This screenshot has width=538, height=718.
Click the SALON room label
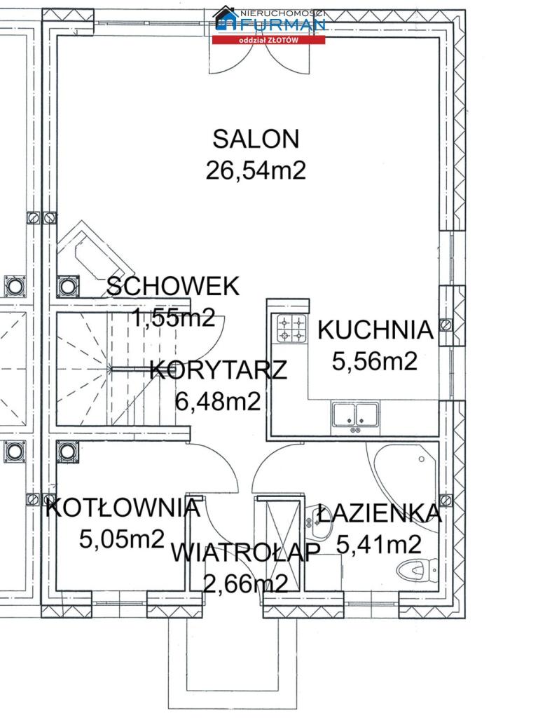click(256, 140)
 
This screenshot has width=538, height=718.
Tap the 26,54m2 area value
click(256, 170)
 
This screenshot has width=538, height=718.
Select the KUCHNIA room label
click(375, 330)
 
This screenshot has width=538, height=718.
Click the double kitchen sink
click(355, 415)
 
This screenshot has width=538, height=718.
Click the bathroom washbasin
click(319, 522)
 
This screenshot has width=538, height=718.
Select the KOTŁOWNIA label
click(123, 508)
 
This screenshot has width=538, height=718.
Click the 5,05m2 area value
click(122, 539)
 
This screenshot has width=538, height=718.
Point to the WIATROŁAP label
click(245, 553)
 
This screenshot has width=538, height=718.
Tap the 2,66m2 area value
click(246, 583)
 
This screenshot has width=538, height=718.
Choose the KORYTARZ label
click(219, 370)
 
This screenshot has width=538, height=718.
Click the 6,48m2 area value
click(219, 402)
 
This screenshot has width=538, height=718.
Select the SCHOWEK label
click(173, 287)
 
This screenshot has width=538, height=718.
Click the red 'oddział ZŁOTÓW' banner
click(268, 40)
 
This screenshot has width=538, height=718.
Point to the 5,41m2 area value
click(379, 544)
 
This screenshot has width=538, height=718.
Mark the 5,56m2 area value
click(375, 361)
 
